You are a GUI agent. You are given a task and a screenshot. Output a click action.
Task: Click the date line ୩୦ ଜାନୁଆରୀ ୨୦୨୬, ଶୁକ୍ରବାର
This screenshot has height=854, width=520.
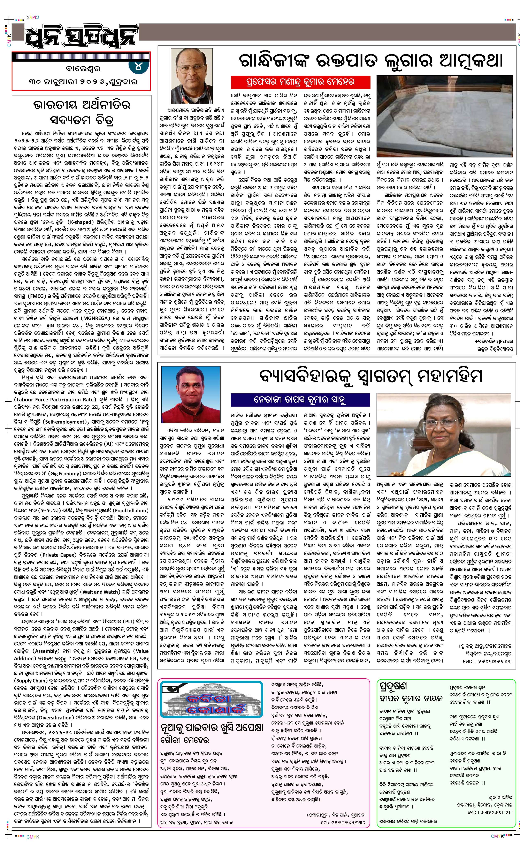(x=83, y=82)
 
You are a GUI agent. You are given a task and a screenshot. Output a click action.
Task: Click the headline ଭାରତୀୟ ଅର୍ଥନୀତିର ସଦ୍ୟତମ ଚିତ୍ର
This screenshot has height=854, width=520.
(x=82, y=112)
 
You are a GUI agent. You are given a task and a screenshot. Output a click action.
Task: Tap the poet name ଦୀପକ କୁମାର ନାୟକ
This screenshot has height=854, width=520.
(x=411, y=698)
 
